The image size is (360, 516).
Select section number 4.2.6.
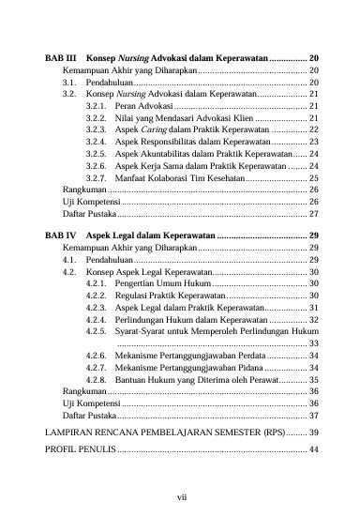[x=95, y=356]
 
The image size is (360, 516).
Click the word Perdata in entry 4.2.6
[x=265, y=356]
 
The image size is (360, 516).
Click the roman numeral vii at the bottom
[x=180, y=497]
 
